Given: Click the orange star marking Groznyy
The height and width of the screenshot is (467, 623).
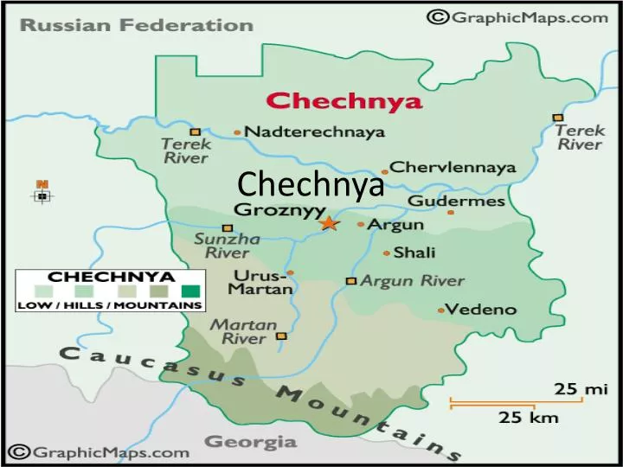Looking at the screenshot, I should (x=328, y=223).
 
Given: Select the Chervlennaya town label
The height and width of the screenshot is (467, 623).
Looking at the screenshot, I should (x=453, y=167).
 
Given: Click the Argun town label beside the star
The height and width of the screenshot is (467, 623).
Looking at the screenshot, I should (x=395, y=225).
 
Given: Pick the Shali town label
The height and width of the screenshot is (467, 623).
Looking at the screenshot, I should (x=414, y=253).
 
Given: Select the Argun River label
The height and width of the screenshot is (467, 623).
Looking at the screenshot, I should (x=412, y=281).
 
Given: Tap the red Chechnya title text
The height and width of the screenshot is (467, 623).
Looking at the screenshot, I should (x=344, y=101).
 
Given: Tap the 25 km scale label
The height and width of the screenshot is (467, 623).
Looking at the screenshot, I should (x=529, y=419).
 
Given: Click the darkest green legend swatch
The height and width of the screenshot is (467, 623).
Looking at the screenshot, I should (x=191, y=291).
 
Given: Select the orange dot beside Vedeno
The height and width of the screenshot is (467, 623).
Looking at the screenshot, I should (x=440, y=310).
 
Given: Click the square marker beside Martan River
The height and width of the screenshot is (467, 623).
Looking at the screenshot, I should (x=280, y=336).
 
